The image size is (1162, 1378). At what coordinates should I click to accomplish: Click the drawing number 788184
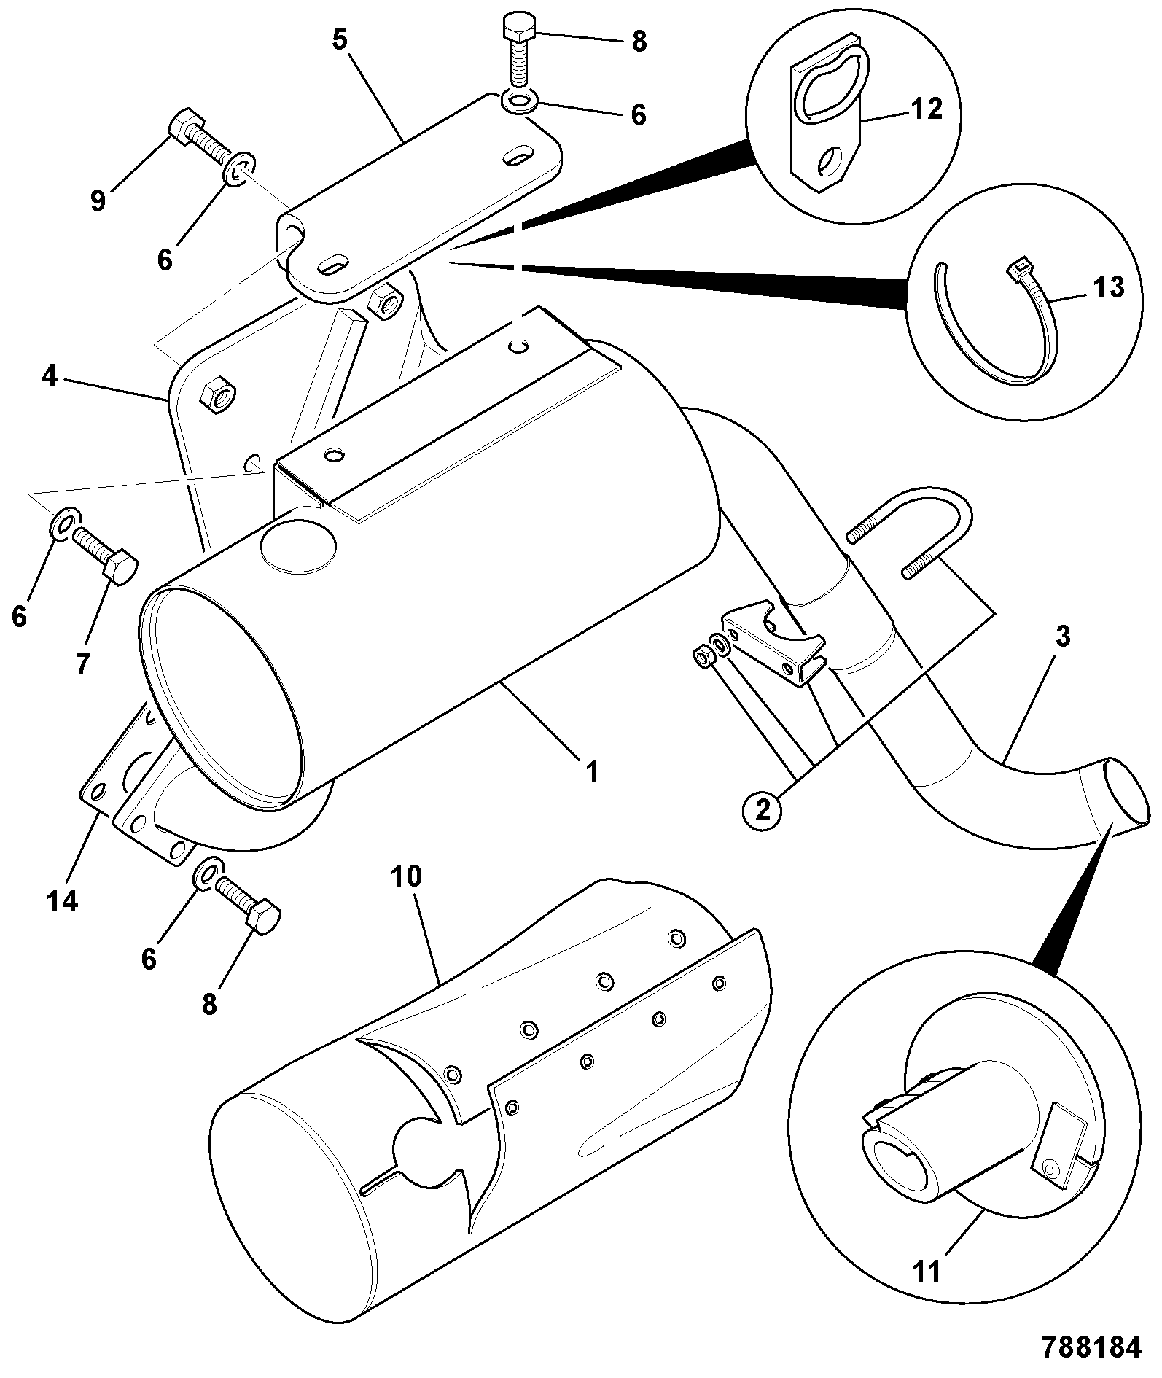coord(1091,1348)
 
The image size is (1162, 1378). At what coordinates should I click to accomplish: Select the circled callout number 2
coord(763,810)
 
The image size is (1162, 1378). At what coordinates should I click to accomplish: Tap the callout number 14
coord(62,902)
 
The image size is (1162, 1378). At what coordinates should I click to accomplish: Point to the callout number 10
coord(406,877)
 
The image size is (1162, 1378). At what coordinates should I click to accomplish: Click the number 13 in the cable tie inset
coord(1109,287)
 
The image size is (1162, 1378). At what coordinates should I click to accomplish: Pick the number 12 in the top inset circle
coord(927,109)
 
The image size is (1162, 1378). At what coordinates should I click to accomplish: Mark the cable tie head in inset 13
coord(1018,270)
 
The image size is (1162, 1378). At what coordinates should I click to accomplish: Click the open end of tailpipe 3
coord(1126,793)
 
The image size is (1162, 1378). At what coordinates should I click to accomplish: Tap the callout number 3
coord(1063,636)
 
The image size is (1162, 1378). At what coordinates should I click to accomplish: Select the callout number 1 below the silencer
coord(592,771)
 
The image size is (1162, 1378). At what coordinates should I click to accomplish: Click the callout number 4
coord(49,377)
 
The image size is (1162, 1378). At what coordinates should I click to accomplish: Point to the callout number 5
coord(340,39)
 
